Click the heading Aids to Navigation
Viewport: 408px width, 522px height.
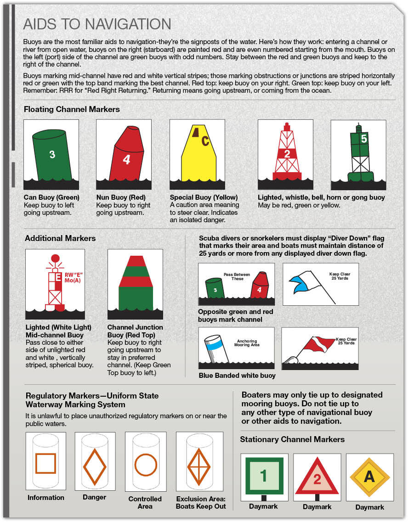97,24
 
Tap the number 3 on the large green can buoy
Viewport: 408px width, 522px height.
52,155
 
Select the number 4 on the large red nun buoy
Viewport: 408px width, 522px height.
126,160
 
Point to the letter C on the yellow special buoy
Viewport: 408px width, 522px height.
205,140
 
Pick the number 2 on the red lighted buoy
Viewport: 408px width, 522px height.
287,154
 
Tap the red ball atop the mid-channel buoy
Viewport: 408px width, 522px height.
56,258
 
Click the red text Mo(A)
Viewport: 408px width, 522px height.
73,280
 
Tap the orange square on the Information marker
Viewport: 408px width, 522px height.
45,463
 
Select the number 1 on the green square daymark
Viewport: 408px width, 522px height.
263,476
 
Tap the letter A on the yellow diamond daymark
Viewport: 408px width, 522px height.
369,477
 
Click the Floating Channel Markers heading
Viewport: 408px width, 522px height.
72,110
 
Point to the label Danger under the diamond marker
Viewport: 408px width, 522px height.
94,497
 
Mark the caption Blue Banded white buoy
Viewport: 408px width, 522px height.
237,376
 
